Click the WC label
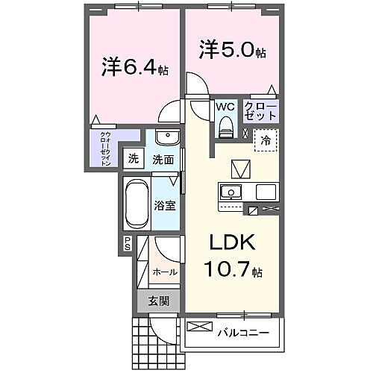(225, 107)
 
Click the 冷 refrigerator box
(265, 139)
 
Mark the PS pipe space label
(128, 242)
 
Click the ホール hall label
(165, 272)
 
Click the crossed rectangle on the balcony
(200, 327)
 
